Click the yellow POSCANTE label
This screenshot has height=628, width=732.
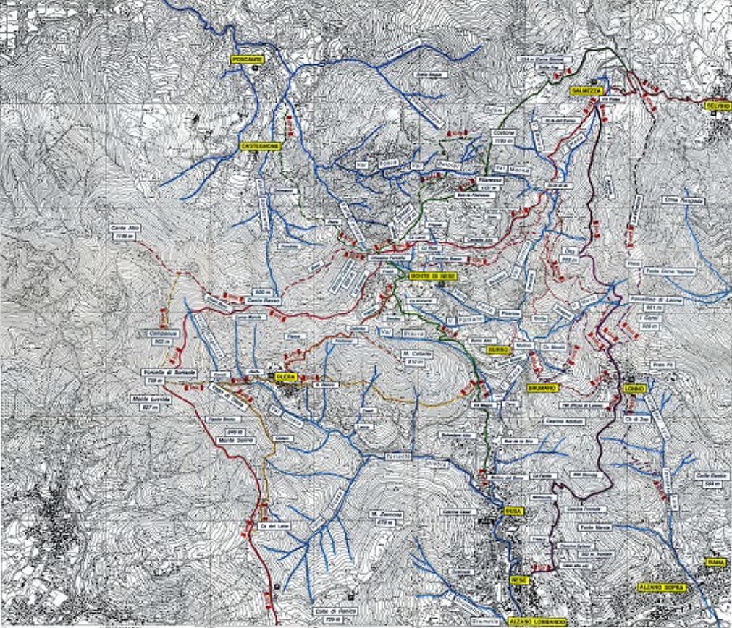(x=246, y=59)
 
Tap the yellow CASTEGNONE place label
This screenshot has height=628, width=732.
(x=260, y=145)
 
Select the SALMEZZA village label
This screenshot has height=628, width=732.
(x=584, y=90)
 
